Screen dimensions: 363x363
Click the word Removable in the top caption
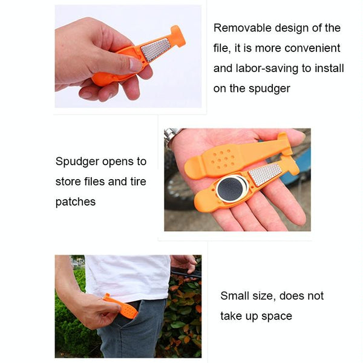pyautogui.click(x=243, y=28)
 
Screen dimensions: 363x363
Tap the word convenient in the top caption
pyautogui.click(x=313, y=48)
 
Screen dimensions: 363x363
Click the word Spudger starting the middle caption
pyautogui.click(x=77, y=162)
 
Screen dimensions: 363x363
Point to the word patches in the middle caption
pyautogui.click(x=76, y=202)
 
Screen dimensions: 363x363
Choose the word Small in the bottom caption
pyautogui.click(x=236, y=296)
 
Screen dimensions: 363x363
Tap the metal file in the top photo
pyautogui.click(x=155, y=50)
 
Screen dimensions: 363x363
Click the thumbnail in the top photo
pyautogui.click(x=135, y=64)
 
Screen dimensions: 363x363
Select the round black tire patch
pyautogui.click(x=231, y=188)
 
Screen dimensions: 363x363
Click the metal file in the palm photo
pyautogui.click(x=265, y=174)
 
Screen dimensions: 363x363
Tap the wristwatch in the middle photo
pyautogui.click(x=172, y=136)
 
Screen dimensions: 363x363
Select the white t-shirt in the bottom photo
pyautogui.click(x=128, y=277)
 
